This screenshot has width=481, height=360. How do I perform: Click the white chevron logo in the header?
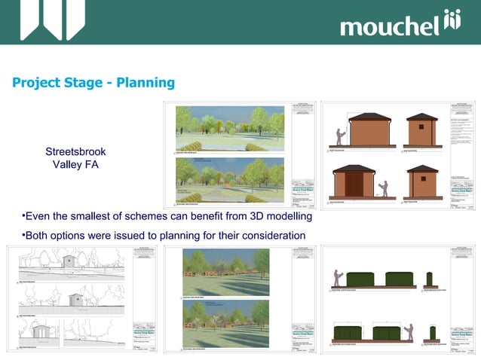pos(53,20)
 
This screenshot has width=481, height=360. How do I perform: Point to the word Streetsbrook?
pos(75,152)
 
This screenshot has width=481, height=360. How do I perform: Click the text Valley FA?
pos(75,165)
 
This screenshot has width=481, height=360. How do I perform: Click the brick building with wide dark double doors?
pos(354,184)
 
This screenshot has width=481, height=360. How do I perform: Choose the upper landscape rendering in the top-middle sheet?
pos(230,128)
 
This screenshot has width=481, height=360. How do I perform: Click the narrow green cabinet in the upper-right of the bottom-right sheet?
pos(429,279)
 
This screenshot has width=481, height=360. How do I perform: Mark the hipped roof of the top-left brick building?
pos(369,117)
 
